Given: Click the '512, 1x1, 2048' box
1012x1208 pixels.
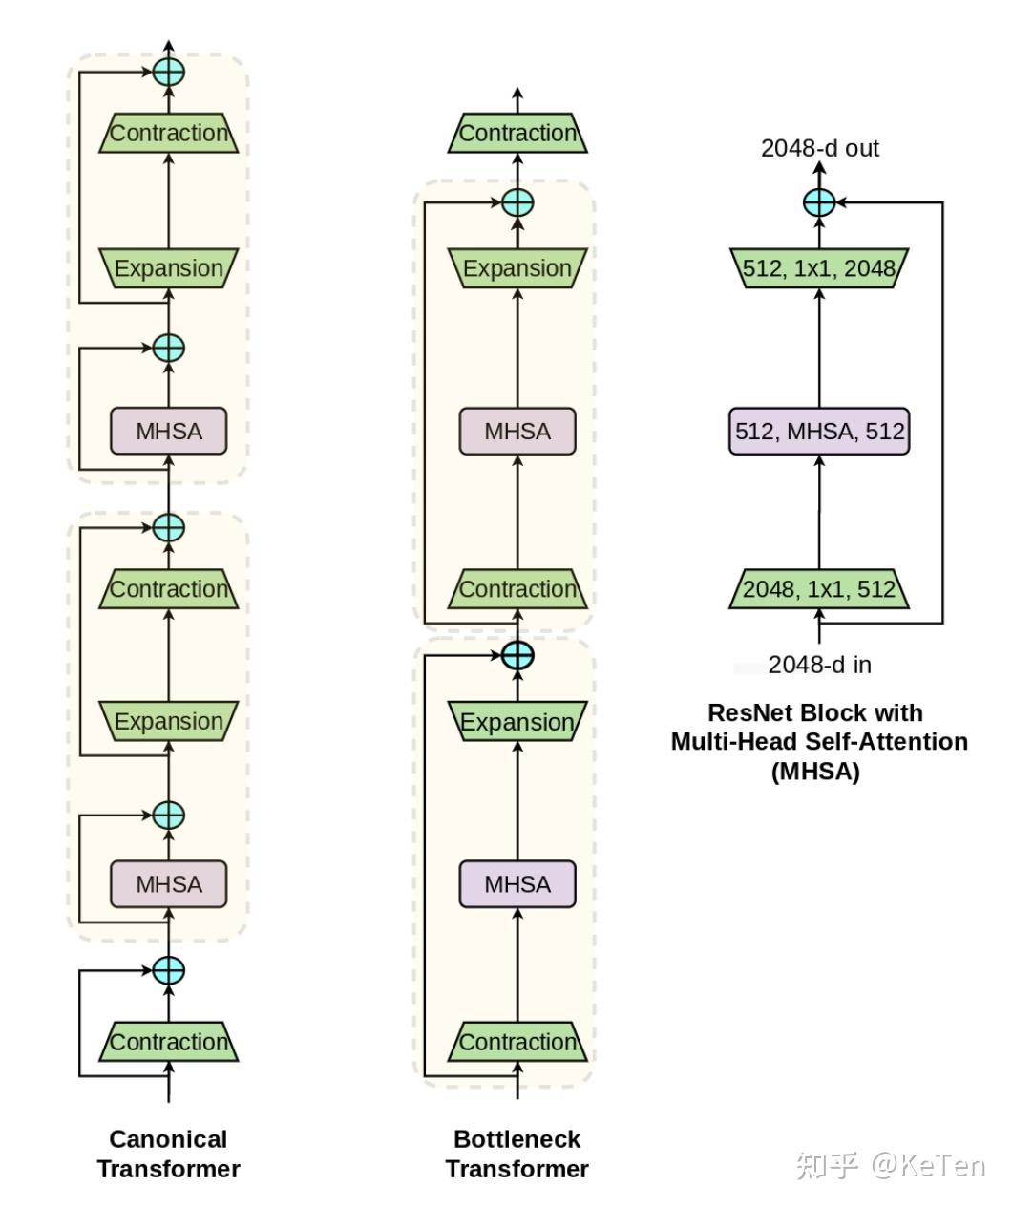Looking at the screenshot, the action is pyautogui.click(x=819, y=268).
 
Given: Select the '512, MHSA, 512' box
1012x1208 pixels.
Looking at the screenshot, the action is pyautogui.click(x=819, y=431).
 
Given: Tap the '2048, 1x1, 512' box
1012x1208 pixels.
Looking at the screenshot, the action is pyautogui.click(x=819, y=589).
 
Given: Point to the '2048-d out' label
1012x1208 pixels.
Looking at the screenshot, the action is pyautogui.click(x=819, y=148).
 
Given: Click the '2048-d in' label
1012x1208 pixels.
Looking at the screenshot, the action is pyautogui.click(x=819, y=665).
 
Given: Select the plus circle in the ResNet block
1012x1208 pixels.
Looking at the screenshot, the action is pyautogui.click(x=819, y=202).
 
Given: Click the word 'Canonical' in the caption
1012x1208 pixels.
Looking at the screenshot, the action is pyautogui.click(x=168, y=1139).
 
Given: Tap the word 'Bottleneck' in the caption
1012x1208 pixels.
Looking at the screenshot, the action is pyautogui.click(x=517, y=1139).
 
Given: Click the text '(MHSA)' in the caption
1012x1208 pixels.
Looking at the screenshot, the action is pyautogui.click(x=815, y=772).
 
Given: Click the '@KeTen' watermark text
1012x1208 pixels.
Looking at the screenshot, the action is pyautogui.click(x=928, y=1165).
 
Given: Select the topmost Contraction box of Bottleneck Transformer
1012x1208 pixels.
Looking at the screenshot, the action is pyautogui.click(x=517, y=133).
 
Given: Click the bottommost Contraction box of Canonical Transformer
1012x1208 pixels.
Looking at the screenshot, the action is pyautogui.click(x=168, y=1042).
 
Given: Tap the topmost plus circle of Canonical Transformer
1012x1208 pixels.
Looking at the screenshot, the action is pyautogui.click(x=168, y=73).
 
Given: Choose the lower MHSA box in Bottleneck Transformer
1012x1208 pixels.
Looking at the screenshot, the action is pyautogui.click(x=517, y=884).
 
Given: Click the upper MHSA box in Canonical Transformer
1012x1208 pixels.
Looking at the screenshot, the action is pyautogui.click(x=168, y=431).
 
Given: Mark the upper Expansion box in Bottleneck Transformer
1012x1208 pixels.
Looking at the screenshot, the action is pyautogui.click(x=517, y=268).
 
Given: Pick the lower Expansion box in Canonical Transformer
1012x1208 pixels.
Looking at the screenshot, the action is pyautogui.click(x=168, y=721).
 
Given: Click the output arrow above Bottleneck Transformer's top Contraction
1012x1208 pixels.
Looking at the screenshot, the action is pyautogui.click(x=517, y=100).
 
